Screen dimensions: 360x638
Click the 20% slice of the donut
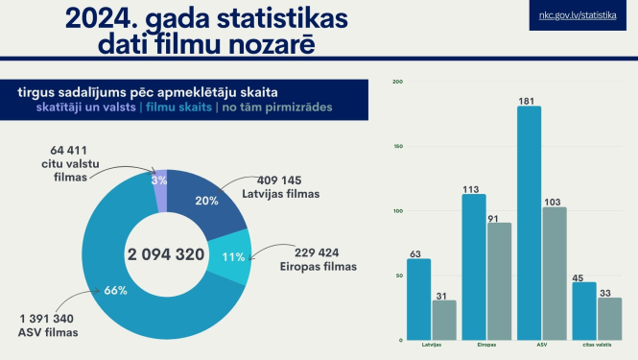[x=205, y=203]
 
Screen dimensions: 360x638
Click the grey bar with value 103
[x=555, y=274]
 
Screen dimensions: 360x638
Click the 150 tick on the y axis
[x=398, y=147]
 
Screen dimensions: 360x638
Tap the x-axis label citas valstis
[x=597, y=344]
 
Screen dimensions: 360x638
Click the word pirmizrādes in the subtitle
[x=298, y=107]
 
